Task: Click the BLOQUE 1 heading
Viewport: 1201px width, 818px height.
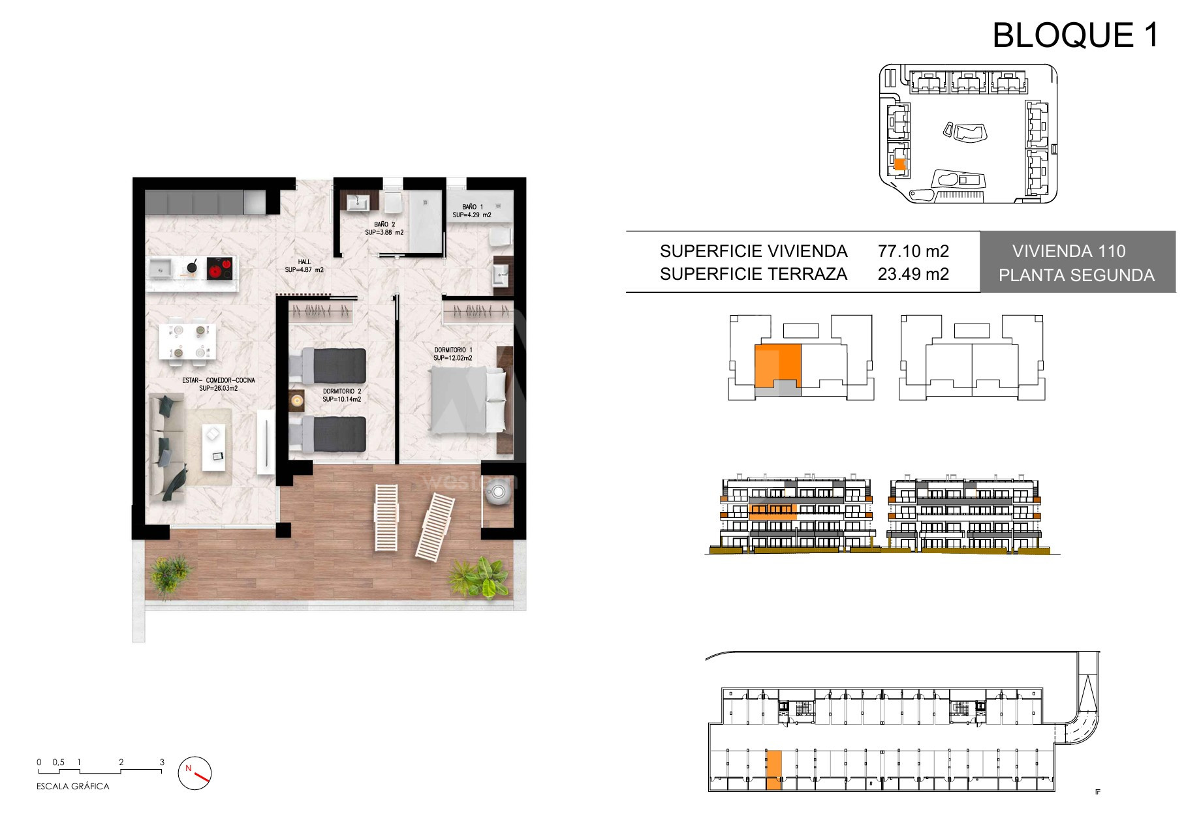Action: (x=1075, y=35)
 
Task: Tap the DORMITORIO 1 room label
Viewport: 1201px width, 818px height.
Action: (x=453, y=350)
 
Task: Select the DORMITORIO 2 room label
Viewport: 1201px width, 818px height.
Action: (x=341, y=391)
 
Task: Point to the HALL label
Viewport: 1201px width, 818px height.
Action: (x=304, y=262)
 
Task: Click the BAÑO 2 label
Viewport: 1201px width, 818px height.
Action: (x=384, y=224)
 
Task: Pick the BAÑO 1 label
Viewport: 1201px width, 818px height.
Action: (x=472, y=207)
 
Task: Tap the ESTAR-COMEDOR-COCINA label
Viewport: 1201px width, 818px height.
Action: (x=219, y=380)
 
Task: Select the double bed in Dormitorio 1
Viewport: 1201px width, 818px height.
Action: (x=468, y=401)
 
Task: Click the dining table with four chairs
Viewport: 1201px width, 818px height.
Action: (x=187, y=341)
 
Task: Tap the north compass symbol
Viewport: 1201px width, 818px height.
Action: (x=195, y=773)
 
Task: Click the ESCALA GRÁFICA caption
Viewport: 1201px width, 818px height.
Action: (x=73, y=787)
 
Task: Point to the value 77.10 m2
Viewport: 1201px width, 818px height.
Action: (x=913, y=251)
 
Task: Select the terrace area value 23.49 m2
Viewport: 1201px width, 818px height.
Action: (x=913, y=274)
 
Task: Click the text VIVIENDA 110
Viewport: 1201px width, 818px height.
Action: (x=1068, y=251)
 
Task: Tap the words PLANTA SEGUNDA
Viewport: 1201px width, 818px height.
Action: (x=1076, y=275)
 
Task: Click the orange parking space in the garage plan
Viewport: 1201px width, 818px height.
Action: (x=773, y=770)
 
